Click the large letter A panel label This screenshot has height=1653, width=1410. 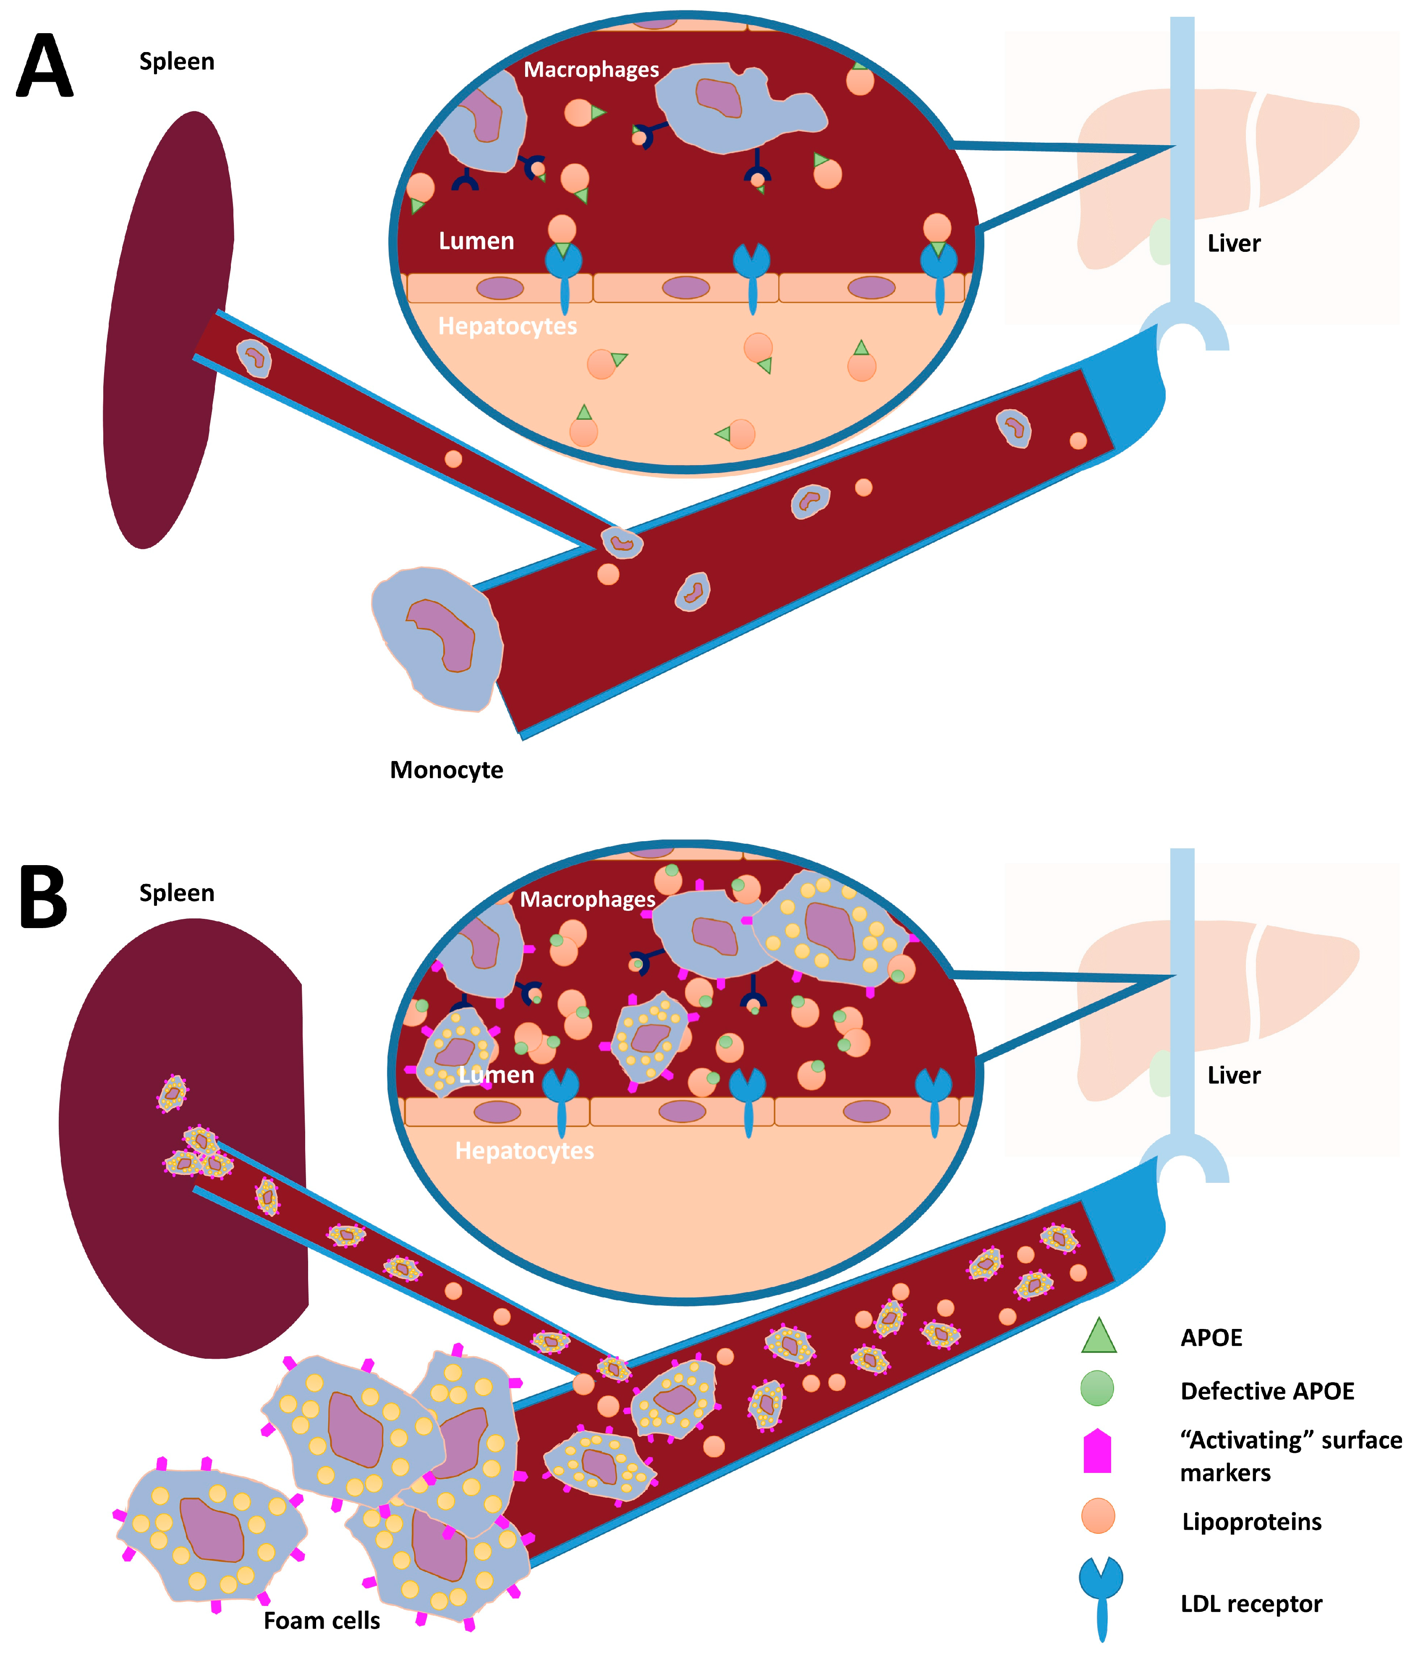point(44,66)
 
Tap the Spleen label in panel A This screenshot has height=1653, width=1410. point(176,61)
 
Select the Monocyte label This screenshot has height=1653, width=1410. point(446,770)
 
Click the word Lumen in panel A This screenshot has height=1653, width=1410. point(476,241)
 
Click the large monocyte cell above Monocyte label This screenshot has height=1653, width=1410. point(437,638)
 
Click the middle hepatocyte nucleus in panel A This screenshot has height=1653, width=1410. point(685,288)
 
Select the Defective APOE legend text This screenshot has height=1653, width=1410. point(1266,1391)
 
